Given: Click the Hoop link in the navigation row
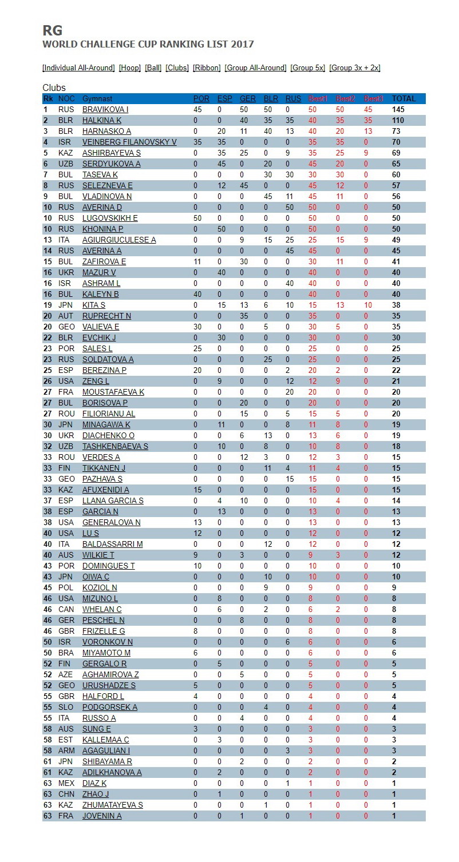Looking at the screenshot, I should [129, 67].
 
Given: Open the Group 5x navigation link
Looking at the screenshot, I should [308, 67].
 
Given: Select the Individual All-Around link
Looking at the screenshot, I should [79, 67].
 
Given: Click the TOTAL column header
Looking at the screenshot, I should [403, 98].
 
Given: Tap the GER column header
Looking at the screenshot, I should [247, 98].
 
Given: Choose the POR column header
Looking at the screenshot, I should [201, 98].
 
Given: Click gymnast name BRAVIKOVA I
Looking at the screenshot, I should [105, 109].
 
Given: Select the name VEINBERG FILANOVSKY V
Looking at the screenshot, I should [129, 142].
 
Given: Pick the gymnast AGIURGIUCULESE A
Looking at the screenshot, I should [119, 240].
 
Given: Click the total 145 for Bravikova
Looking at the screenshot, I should [398, 109].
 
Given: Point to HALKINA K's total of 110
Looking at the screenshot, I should [398, 120].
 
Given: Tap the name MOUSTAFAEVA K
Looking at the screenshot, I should [113, 392].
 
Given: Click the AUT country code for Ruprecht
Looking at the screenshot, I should [65, 316].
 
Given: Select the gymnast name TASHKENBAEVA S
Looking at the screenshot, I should [115, 446].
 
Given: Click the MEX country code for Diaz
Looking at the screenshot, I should [66, 783].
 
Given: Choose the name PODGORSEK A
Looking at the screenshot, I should [110, 707].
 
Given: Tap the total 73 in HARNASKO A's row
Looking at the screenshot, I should [396, 131].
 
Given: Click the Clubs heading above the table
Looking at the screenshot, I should [54, 88].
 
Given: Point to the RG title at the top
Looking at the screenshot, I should [53, 30].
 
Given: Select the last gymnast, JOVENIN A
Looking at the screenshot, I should [102, 816].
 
